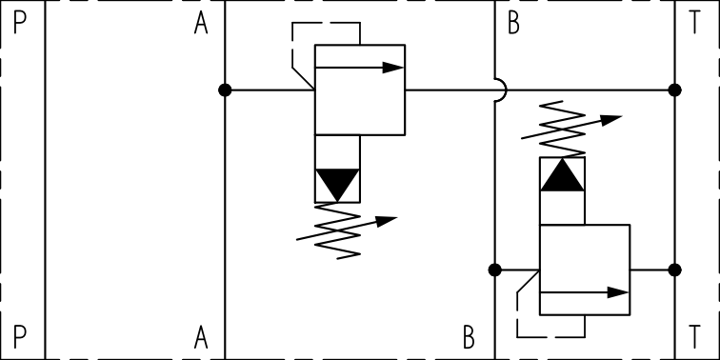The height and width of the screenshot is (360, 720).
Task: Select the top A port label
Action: point(201,24)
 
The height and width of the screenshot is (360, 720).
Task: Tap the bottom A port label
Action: point(201,336)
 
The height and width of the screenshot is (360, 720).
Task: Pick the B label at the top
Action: point(513,24)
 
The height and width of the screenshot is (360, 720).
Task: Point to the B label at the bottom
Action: point(469,336)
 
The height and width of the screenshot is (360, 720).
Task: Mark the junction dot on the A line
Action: point(225,90)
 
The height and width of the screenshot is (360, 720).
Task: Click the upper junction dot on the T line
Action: point(675,90)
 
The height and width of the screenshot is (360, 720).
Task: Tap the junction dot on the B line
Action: point(494,270)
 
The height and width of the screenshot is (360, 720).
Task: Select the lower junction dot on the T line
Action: point(675,270)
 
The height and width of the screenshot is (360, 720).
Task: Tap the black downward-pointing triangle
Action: point(337,183)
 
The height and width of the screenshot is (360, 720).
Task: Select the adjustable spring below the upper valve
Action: point(343,230)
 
